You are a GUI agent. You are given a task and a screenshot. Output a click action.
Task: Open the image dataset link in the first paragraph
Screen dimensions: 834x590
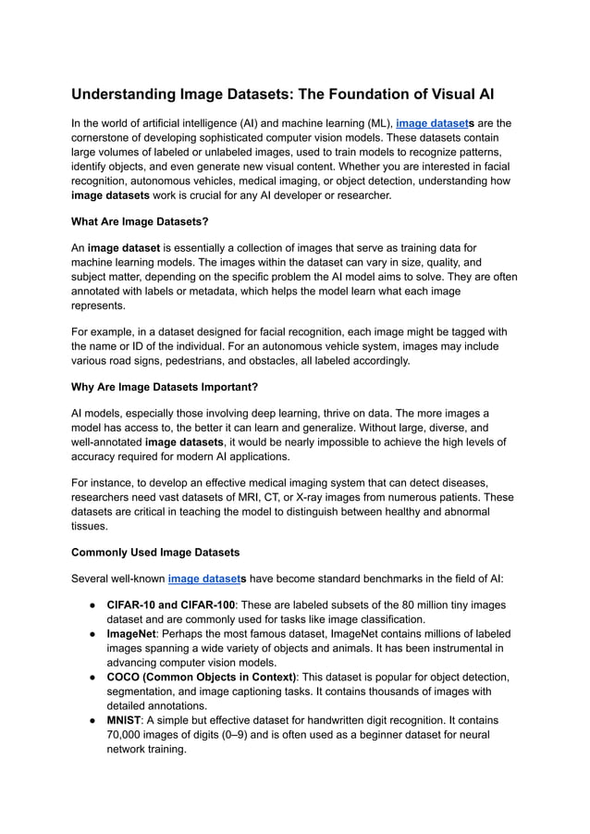(x=433, y=122)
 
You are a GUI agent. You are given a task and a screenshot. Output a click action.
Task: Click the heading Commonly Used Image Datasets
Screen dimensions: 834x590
(x=155, y=553)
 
